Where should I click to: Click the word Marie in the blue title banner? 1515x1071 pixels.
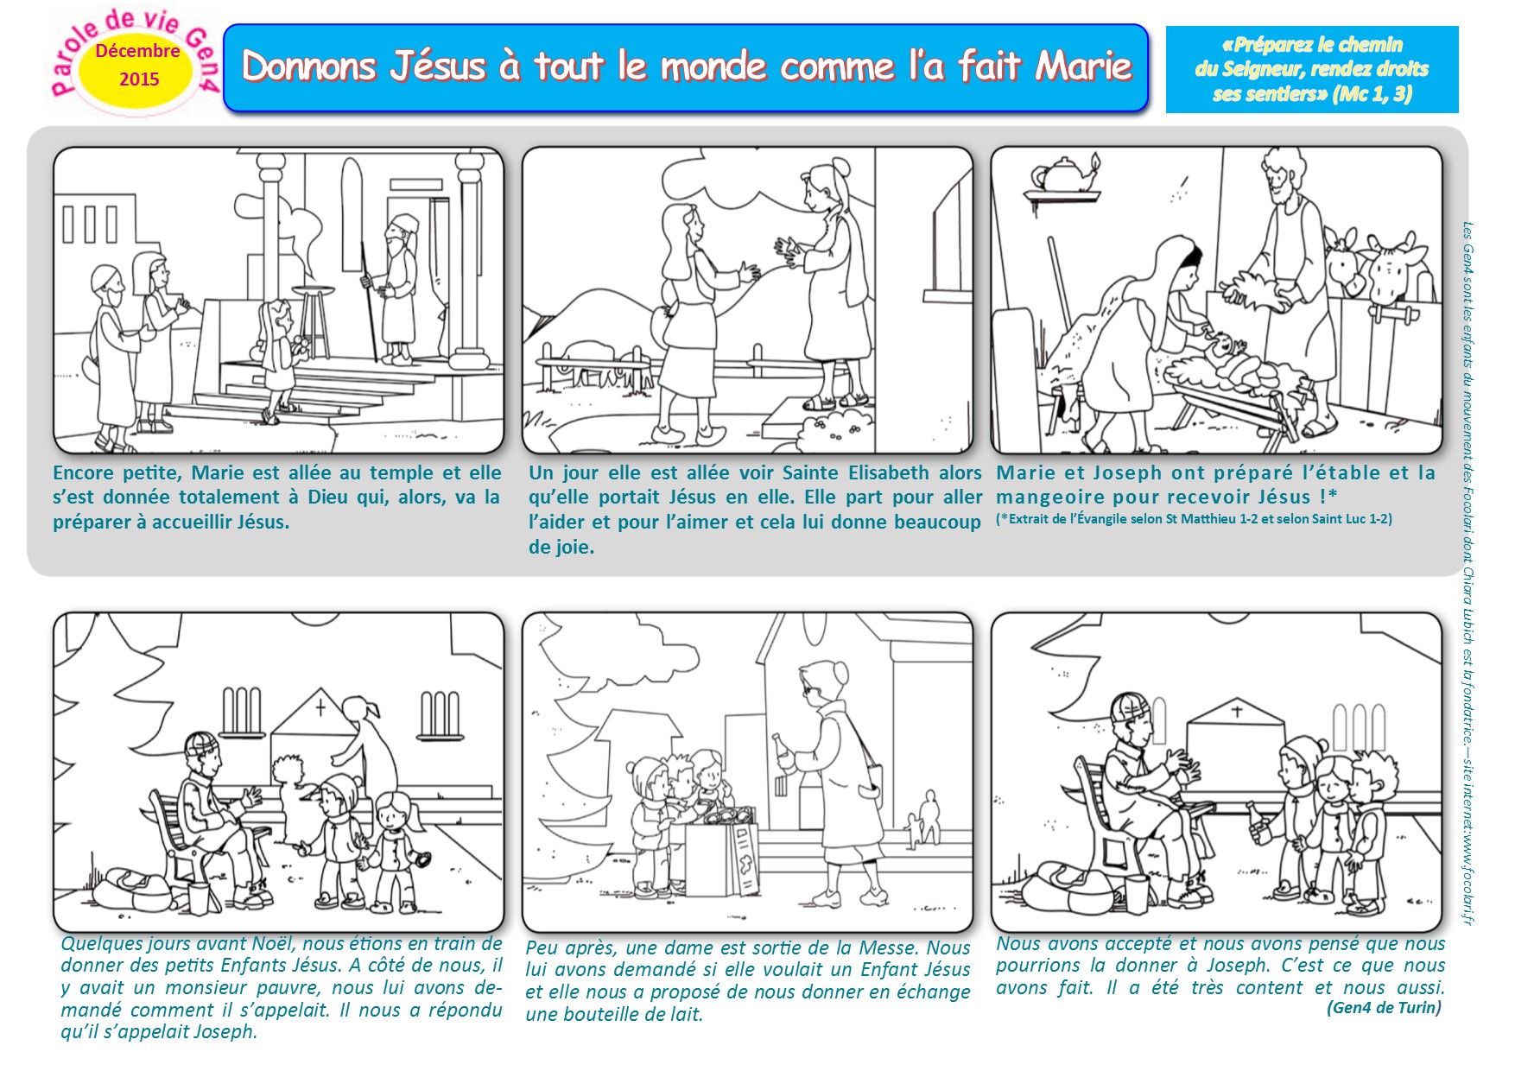click(x=1083, y=66)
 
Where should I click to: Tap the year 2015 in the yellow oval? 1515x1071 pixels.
click(x=139, y=79)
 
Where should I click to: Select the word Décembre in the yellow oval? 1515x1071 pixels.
click(x=137, y=50)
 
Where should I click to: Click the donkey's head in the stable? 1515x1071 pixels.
click(x=1342, y=259)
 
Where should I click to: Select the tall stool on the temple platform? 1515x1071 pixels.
click(x=313, y=320)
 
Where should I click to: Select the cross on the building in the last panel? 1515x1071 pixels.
click(x=1236, y=713)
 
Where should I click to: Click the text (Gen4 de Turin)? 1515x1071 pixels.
click(x=1384, y=1008)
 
